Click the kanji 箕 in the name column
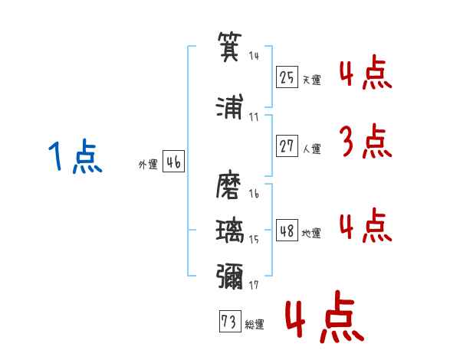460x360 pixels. pyautogui.click(x=230, y=47)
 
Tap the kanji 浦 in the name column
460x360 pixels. pyautogui.click(x=230, y=106)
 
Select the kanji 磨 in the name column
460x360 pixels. pyautogui.click(x=228, y=185)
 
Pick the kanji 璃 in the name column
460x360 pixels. pyautogui.click(x=230, y=231)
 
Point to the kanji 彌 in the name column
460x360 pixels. pyautogui.click(x=230, y=277)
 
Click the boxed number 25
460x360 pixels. pyautogui.click(x=287, y=77)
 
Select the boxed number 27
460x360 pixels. pyautogui.click(x=287, y=146)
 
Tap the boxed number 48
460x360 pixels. pyautogui.click(x=287, y=230)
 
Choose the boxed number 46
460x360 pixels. pyautogui.click(x=173, y=162)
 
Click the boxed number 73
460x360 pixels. pyautogui.click(x=230, y=321)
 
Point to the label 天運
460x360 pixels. pyautogui.click(x=311, y=80)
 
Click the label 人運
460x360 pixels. pyautogui.click(x=311, y=149)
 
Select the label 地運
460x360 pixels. pyautogui.click(x=311, y=233)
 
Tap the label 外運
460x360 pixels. pyautogui.click(x=148, y=165)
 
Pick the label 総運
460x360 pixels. pyautogui.click(x=255, y=324)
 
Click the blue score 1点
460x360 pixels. pyautogui.click(x=75, y=156)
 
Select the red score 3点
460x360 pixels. pyautogui.click(x=366, y=141)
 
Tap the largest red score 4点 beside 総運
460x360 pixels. pyautogui.click(x=325, y=316)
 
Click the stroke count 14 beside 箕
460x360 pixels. pyautogui.click(x=254, y=56)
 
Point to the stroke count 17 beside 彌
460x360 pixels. pyautogui.click(x=254, y=285)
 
